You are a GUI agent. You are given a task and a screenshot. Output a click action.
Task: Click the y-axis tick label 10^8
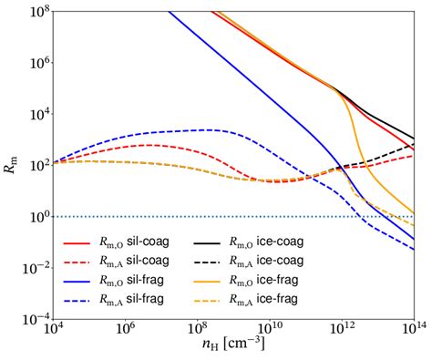(37, 11)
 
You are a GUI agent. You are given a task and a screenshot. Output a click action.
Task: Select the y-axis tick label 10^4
(37, 115)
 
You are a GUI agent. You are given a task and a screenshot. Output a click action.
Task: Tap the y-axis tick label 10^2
(37, 166)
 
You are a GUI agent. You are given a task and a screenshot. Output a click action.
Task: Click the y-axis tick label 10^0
(37, 218)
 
